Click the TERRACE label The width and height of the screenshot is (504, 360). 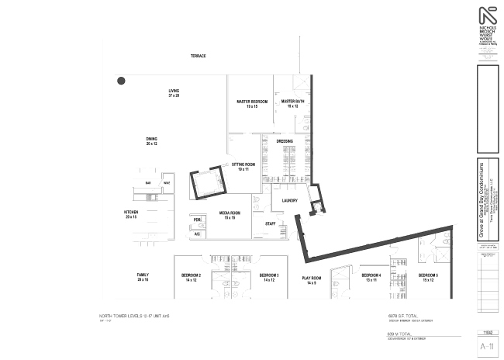coord(198,57)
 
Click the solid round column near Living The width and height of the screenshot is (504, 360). coord(121,80)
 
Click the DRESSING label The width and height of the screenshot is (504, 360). coord(285,141)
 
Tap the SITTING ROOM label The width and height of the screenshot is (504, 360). coord(244,166)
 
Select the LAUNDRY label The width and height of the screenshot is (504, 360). coord(290,200)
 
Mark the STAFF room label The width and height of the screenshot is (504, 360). coord(271,223)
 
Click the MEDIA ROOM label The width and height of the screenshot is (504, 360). coord(230,214)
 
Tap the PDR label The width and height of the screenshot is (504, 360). coord(197,220)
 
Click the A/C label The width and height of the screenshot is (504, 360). coord(197,234)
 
